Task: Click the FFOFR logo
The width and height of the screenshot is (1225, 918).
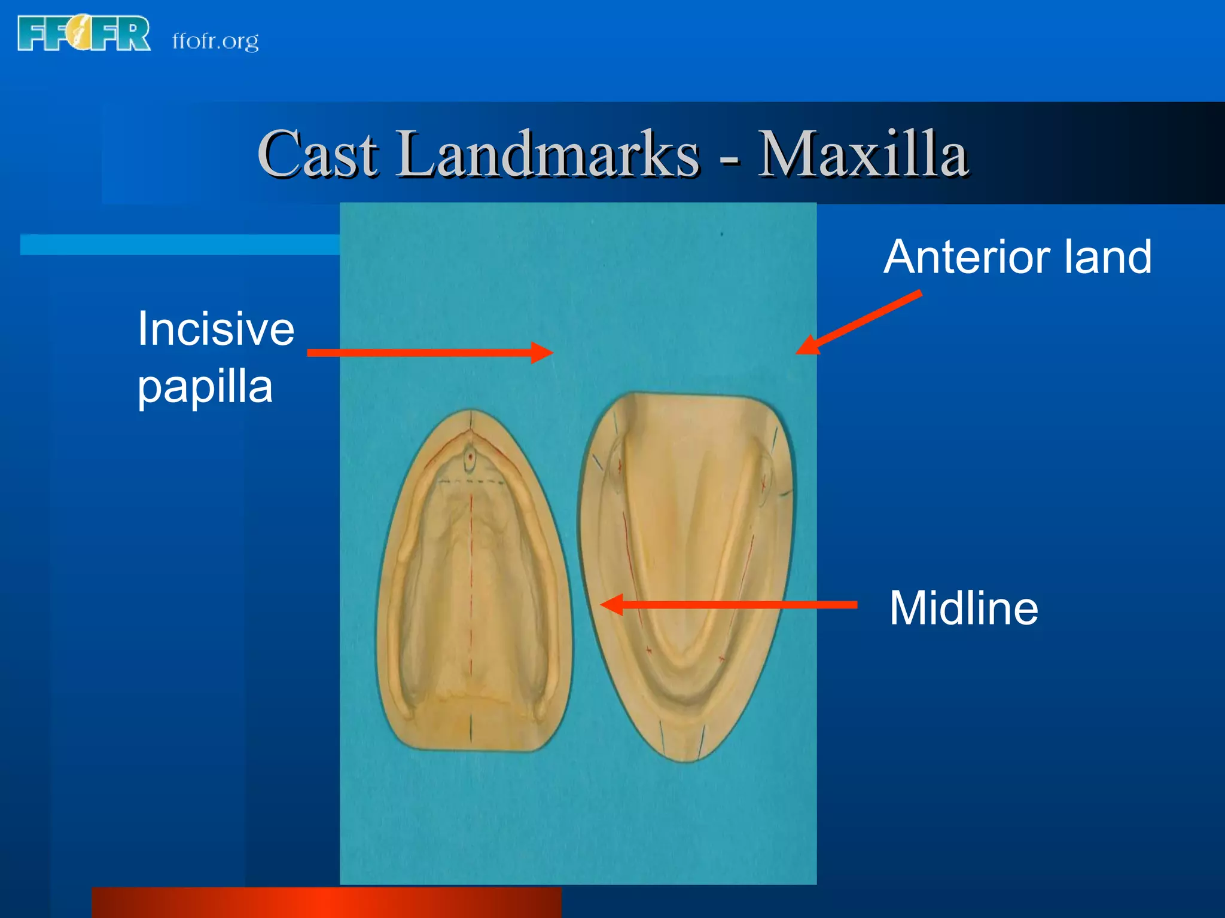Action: [x=84, y=34]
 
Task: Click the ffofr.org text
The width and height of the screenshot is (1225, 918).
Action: [x=215, y=41]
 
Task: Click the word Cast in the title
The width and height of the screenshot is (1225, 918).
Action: [x=318, y=154]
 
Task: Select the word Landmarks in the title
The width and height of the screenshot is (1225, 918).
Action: [x=547, y=154]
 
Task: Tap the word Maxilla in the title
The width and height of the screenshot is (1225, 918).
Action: [x=863, y=154]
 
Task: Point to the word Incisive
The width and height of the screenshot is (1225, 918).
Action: [x=215, y=329]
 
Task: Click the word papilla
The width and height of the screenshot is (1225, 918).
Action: [x=205, y=387]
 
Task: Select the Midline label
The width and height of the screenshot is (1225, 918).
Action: [x=964, y=608]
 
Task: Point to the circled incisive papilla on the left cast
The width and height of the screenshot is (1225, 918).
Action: [x=471, y=459]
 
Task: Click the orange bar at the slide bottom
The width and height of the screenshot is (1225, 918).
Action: [x=326, y=902]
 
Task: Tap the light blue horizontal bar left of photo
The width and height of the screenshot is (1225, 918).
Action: [x=179, y=244]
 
